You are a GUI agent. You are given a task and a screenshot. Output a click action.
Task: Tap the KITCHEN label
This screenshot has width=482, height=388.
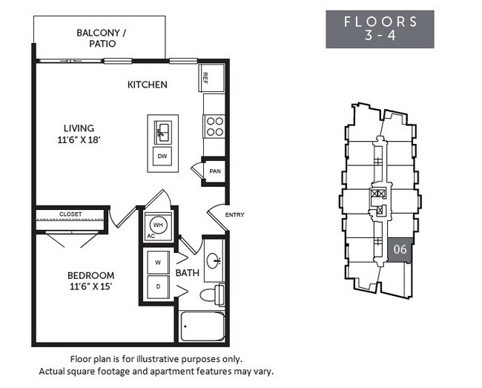(x=147, y=85)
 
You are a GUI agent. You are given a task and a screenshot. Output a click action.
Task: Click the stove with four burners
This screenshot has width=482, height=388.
(x=214, y=126)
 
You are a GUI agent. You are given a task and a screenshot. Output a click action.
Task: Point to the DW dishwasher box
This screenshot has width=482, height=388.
(x=162, y=157)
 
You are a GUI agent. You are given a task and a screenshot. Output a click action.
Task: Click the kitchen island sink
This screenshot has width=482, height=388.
(x=162, y=132)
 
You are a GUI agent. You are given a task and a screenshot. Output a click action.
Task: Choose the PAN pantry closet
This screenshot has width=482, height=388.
(x=214, y=171)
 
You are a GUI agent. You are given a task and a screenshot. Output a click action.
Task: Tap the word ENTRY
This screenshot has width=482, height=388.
(x=234, y=215)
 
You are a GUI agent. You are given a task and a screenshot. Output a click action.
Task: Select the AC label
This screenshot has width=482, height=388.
(x=151, y=237)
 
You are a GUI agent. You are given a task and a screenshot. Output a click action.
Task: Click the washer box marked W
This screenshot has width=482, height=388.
(x=159, y=261)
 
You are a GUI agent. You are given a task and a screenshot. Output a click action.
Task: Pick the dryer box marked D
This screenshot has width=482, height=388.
(x=159, y=286)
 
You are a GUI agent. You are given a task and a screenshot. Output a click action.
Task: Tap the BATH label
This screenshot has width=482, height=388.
(x=188, y=273)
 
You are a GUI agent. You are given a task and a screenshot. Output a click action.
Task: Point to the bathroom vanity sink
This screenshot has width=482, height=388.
(x=214, y=260)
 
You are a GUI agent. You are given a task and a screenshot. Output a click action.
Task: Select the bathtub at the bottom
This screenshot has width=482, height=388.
(x=202, y=326)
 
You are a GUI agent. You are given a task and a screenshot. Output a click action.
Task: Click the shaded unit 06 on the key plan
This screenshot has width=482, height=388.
(x=400, y=250)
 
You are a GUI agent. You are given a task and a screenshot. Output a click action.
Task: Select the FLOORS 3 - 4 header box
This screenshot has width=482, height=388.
(x=380, y=29)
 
